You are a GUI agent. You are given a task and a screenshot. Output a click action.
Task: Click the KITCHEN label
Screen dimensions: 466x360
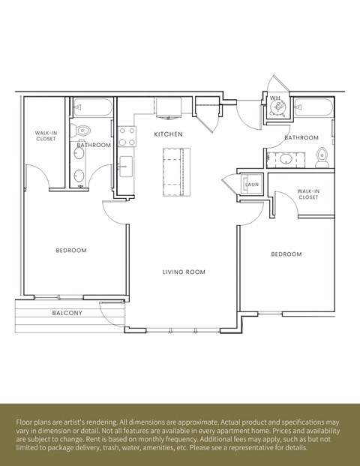[x=169, y=134]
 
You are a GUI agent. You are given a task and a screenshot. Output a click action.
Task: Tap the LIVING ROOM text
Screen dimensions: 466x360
[x=184, y=272]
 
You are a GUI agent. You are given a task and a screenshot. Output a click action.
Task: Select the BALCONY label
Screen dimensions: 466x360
[x=67, y=313]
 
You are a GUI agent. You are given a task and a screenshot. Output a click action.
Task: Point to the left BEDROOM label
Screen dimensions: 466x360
[x=71, y=250]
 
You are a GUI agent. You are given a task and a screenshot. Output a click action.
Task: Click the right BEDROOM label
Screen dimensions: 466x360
[x=286, y=254]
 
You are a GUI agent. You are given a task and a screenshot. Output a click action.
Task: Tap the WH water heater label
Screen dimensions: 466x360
[x=274, y=98]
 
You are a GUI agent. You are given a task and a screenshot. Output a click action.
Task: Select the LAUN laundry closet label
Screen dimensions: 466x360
[x=251, y=185]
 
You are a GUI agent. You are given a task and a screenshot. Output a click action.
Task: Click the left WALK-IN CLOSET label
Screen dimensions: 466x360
[x=46, y=136]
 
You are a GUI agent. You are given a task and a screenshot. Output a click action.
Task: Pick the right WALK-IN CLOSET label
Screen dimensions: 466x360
[x=307, y=194]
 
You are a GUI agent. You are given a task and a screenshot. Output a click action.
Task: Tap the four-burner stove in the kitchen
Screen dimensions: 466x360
[x=127, y=136]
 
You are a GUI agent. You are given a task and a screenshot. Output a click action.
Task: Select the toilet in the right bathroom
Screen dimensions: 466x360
[x=322, y=157]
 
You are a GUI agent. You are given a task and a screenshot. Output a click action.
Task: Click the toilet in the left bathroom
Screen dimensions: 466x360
[x=82, y=131]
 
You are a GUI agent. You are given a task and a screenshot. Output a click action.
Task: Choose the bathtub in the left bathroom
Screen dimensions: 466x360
[x=93, y=108]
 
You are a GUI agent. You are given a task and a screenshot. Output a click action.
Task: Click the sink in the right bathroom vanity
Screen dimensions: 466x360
[x=285, y=158]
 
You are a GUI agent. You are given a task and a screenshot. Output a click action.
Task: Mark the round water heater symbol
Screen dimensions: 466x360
[x=279, y=108]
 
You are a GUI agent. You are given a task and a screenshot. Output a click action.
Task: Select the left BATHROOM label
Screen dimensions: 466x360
[x=94, y=145]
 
